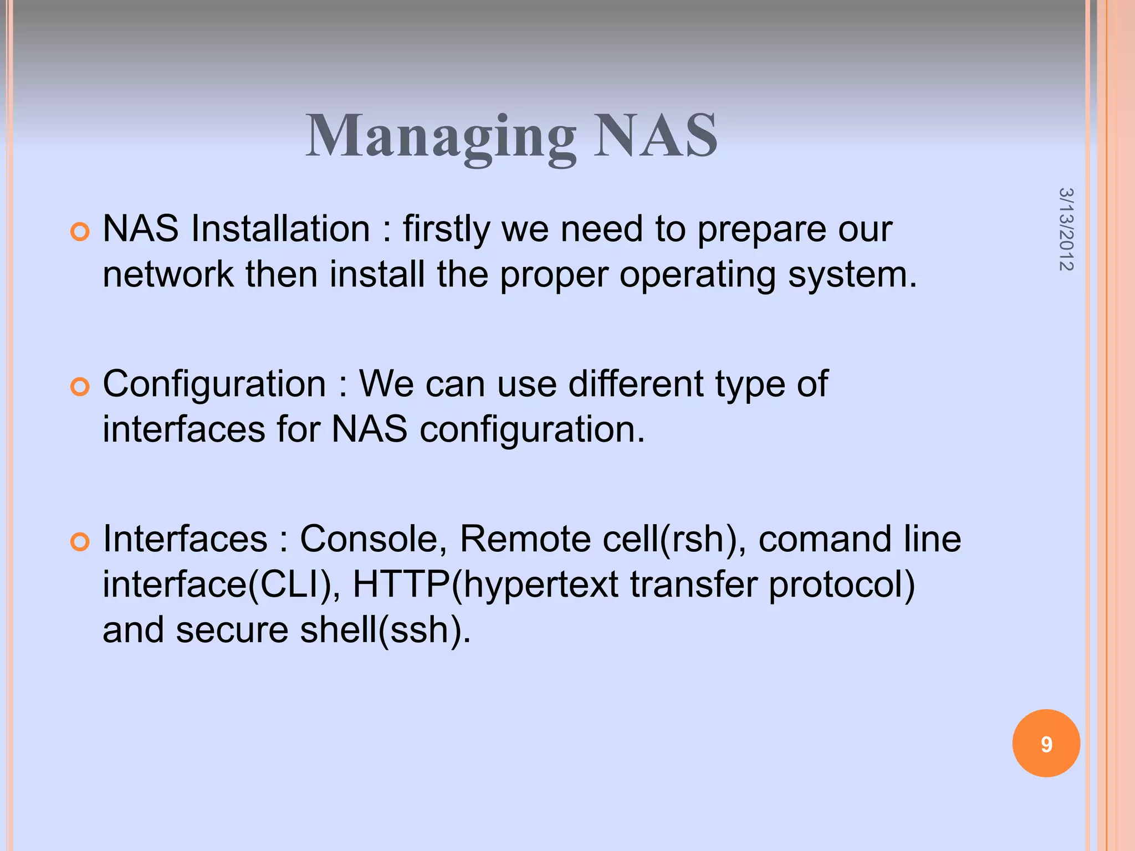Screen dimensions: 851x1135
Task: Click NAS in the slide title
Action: click(656, 136)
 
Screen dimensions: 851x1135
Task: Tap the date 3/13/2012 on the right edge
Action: click(1066, 229)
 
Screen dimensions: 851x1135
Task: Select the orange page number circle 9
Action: click(1046, 744)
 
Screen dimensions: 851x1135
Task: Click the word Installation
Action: click(280, 229)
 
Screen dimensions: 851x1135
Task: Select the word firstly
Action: click(446, 229)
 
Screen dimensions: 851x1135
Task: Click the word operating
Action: click(697, 275)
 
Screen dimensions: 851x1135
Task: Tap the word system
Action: click(852, 275)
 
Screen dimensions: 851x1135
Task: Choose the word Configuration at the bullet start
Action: click(214, 384)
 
